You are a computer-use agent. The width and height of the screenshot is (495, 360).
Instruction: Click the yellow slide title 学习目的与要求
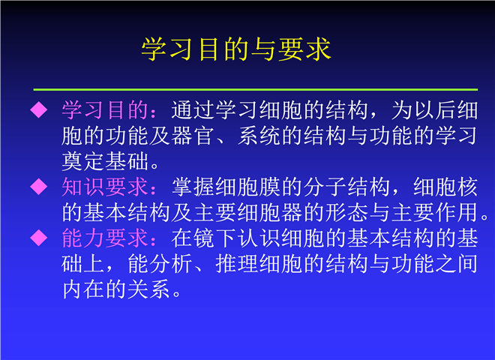(x=236, y=49)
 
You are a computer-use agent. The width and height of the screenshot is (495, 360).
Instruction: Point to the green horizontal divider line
(x=256, y=90)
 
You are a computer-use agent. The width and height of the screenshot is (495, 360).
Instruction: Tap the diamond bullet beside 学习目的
(x=39, y=109)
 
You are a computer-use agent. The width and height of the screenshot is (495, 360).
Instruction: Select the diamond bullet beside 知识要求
(x=39, y=186)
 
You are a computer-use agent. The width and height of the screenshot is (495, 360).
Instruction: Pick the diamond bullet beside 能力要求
(x=39, y=238)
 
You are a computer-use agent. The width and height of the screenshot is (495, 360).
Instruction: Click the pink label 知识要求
(x=105, y=186)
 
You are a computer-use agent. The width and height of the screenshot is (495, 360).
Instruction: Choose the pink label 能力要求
(x=105, y=238)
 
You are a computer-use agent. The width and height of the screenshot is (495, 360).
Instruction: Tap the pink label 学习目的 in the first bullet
(x=105, y=110)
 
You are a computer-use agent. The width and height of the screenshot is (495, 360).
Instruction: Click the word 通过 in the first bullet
(x=193, y=110)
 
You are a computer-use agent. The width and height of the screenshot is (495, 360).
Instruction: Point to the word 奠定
(x=83, y=161)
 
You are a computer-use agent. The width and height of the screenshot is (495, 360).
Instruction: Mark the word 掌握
(x=193, y=186)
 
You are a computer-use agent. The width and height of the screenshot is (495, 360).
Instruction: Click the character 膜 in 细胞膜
(x=270, y=186)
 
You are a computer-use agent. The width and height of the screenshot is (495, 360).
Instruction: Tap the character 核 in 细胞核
(x=467, y=186)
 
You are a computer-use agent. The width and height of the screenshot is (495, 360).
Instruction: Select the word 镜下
(x=215, y=238)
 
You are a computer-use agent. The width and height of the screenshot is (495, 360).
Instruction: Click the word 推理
(x=237, y=263)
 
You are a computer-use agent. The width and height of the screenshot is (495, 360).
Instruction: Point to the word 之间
(x=456, y=263)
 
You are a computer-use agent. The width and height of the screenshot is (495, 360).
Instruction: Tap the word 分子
(x=325, y=186)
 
